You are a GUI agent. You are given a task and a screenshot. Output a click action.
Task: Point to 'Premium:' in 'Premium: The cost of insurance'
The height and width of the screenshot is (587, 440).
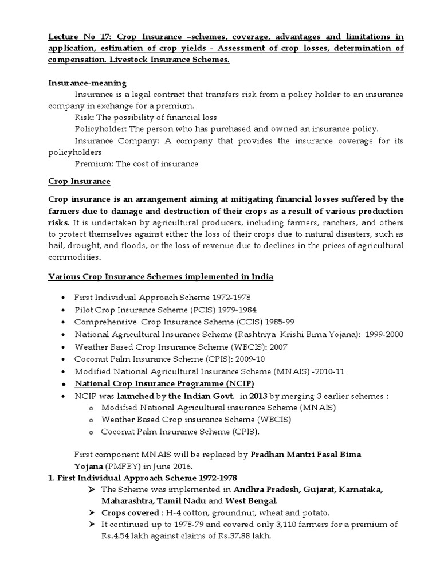[x=94, y=164]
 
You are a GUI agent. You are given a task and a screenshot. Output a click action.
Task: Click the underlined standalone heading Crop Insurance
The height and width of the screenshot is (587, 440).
[x=79, y=182]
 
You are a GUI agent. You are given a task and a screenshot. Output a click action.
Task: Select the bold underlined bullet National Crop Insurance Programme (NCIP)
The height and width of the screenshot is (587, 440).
[x=164, y=383]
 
